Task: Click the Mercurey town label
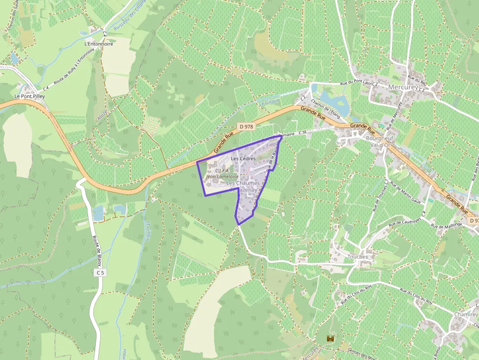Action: point(403,87)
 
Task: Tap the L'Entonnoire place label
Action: point(99,43)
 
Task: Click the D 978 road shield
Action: point(246,127)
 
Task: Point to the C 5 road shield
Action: point(100,273)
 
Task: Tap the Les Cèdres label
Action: point(243,159)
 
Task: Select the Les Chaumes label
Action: point(243,183)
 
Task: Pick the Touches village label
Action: point(357,256)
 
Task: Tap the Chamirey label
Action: point(465,314)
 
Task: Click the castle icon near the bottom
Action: point(331,338)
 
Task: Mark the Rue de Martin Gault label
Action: point(406,195)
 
